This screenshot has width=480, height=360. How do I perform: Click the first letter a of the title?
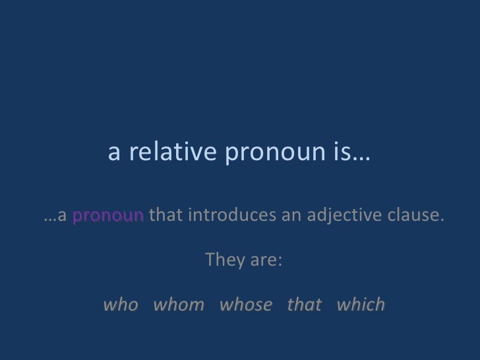point(113,154)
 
